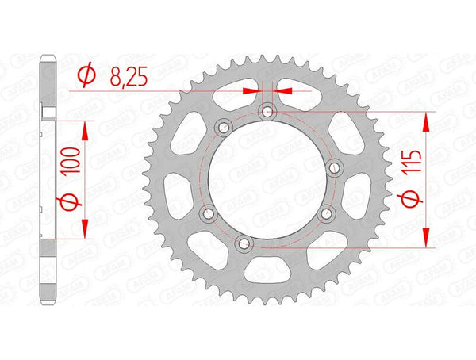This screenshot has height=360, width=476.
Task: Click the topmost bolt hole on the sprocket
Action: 267,112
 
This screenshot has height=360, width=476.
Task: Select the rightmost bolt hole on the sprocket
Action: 333,165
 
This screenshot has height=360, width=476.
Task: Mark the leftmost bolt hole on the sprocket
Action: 208,213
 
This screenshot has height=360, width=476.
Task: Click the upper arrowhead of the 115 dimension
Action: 427,121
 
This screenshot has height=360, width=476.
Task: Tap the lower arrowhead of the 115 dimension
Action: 427,239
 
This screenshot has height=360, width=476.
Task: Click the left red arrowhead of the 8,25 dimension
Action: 253,92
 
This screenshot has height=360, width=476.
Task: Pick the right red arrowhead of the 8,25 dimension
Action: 283,92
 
